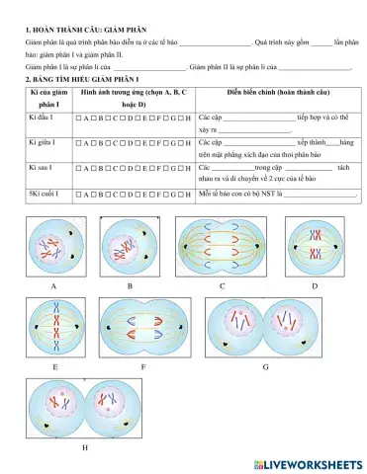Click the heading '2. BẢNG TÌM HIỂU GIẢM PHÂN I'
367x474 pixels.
pyautogui.click(x=82, y=77)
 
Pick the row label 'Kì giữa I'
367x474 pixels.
pyautogui.click(x=40, y=144)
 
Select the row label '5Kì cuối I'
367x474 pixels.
pyautogui.click(x=43, y=194)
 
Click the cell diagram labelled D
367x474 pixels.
pyautogui.click(x=314, y=246)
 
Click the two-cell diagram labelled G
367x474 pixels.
pyautogui.click(x=265, y=325)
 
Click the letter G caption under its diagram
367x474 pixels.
pyautogui.click(x=265, y=366)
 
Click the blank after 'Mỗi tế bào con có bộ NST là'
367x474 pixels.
pyautogui.click(x=320, y=195)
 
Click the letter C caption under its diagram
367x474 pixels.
pyautogui.click(x=222, y=285)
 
